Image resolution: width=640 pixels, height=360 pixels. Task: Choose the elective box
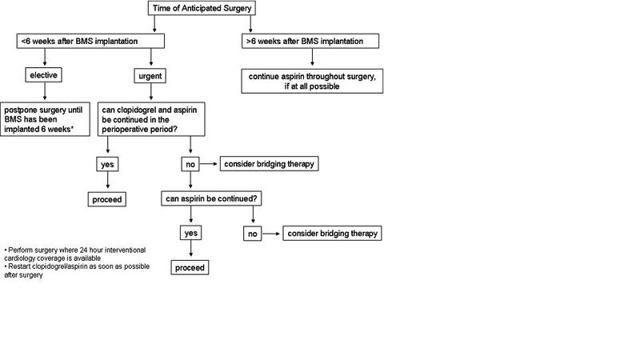(45, 77)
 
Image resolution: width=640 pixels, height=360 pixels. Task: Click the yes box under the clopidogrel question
(107, 164)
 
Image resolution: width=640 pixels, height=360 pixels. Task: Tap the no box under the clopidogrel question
(189, 164)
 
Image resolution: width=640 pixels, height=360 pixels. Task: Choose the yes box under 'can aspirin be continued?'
(190, 234)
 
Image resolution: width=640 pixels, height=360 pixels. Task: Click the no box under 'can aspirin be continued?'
(253, 234)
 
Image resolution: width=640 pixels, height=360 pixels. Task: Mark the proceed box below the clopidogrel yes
(107, 198)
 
